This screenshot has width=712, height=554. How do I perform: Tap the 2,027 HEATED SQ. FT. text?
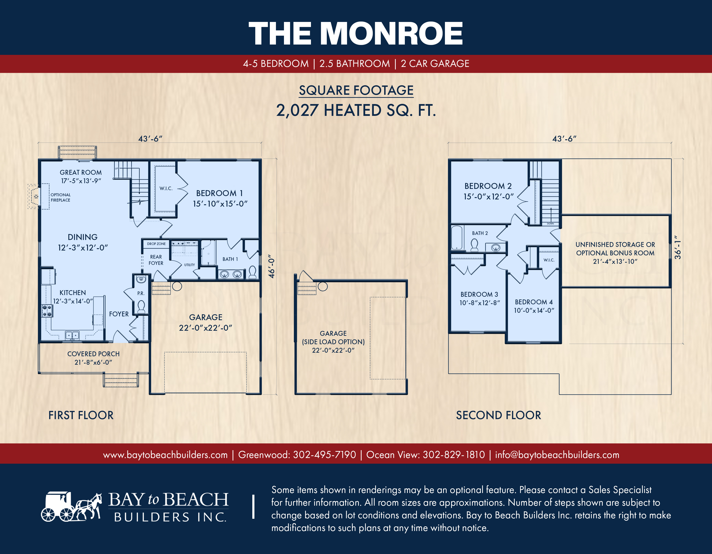(x=356, y=111)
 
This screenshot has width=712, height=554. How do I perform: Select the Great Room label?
(x=81, y=176)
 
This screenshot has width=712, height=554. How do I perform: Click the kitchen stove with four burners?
(x=47, y=310)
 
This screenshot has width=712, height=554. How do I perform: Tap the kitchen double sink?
(x=72, y=335)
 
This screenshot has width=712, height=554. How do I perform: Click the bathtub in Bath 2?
(x=457, y=237)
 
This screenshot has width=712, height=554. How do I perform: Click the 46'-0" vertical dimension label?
(x=271, y=266)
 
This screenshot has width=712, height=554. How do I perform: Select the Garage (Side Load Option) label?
(x=333, y=342)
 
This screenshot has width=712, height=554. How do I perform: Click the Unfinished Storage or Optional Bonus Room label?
(x=615, y=253)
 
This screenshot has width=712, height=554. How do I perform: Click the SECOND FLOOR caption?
(x=499, y=415)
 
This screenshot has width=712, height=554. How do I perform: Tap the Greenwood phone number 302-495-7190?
(x=324, y=455)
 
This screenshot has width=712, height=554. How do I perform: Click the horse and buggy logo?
(x=71, y=506)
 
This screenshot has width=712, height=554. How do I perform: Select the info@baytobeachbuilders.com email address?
(x=557, y=455)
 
